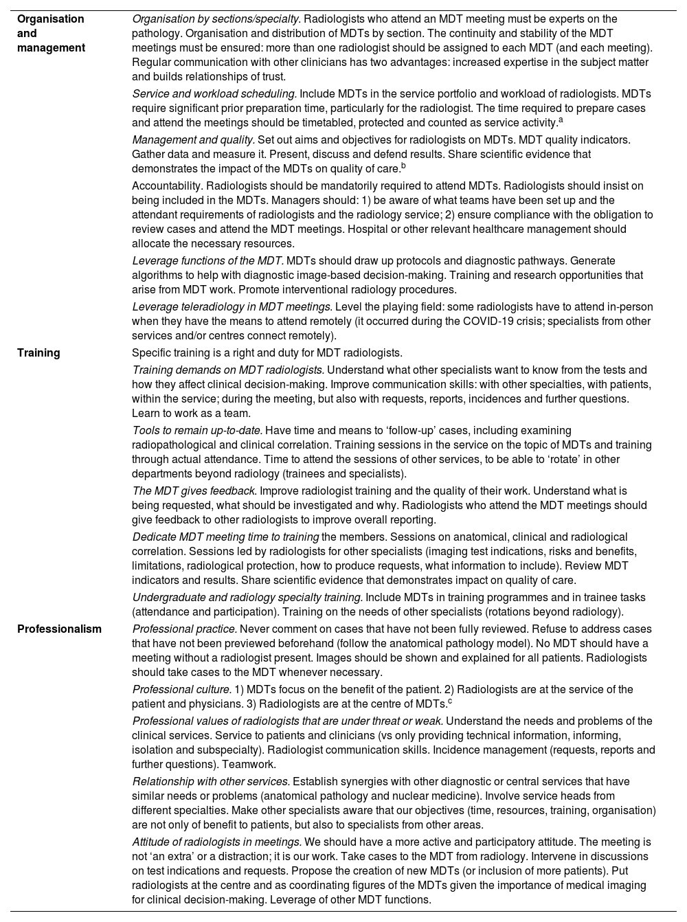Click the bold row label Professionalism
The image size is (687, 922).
(x=59, y=629)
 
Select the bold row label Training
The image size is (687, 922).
(x=38, y=352)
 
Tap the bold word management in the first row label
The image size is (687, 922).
(x=52, y=47)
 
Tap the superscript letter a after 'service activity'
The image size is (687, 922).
(x=561, y=120)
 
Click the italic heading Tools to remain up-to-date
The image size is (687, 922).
(x=197, y=430)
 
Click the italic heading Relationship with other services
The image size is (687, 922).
(x=211, y=781)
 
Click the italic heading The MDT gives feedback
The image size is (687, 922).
(x=194, y=491)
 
